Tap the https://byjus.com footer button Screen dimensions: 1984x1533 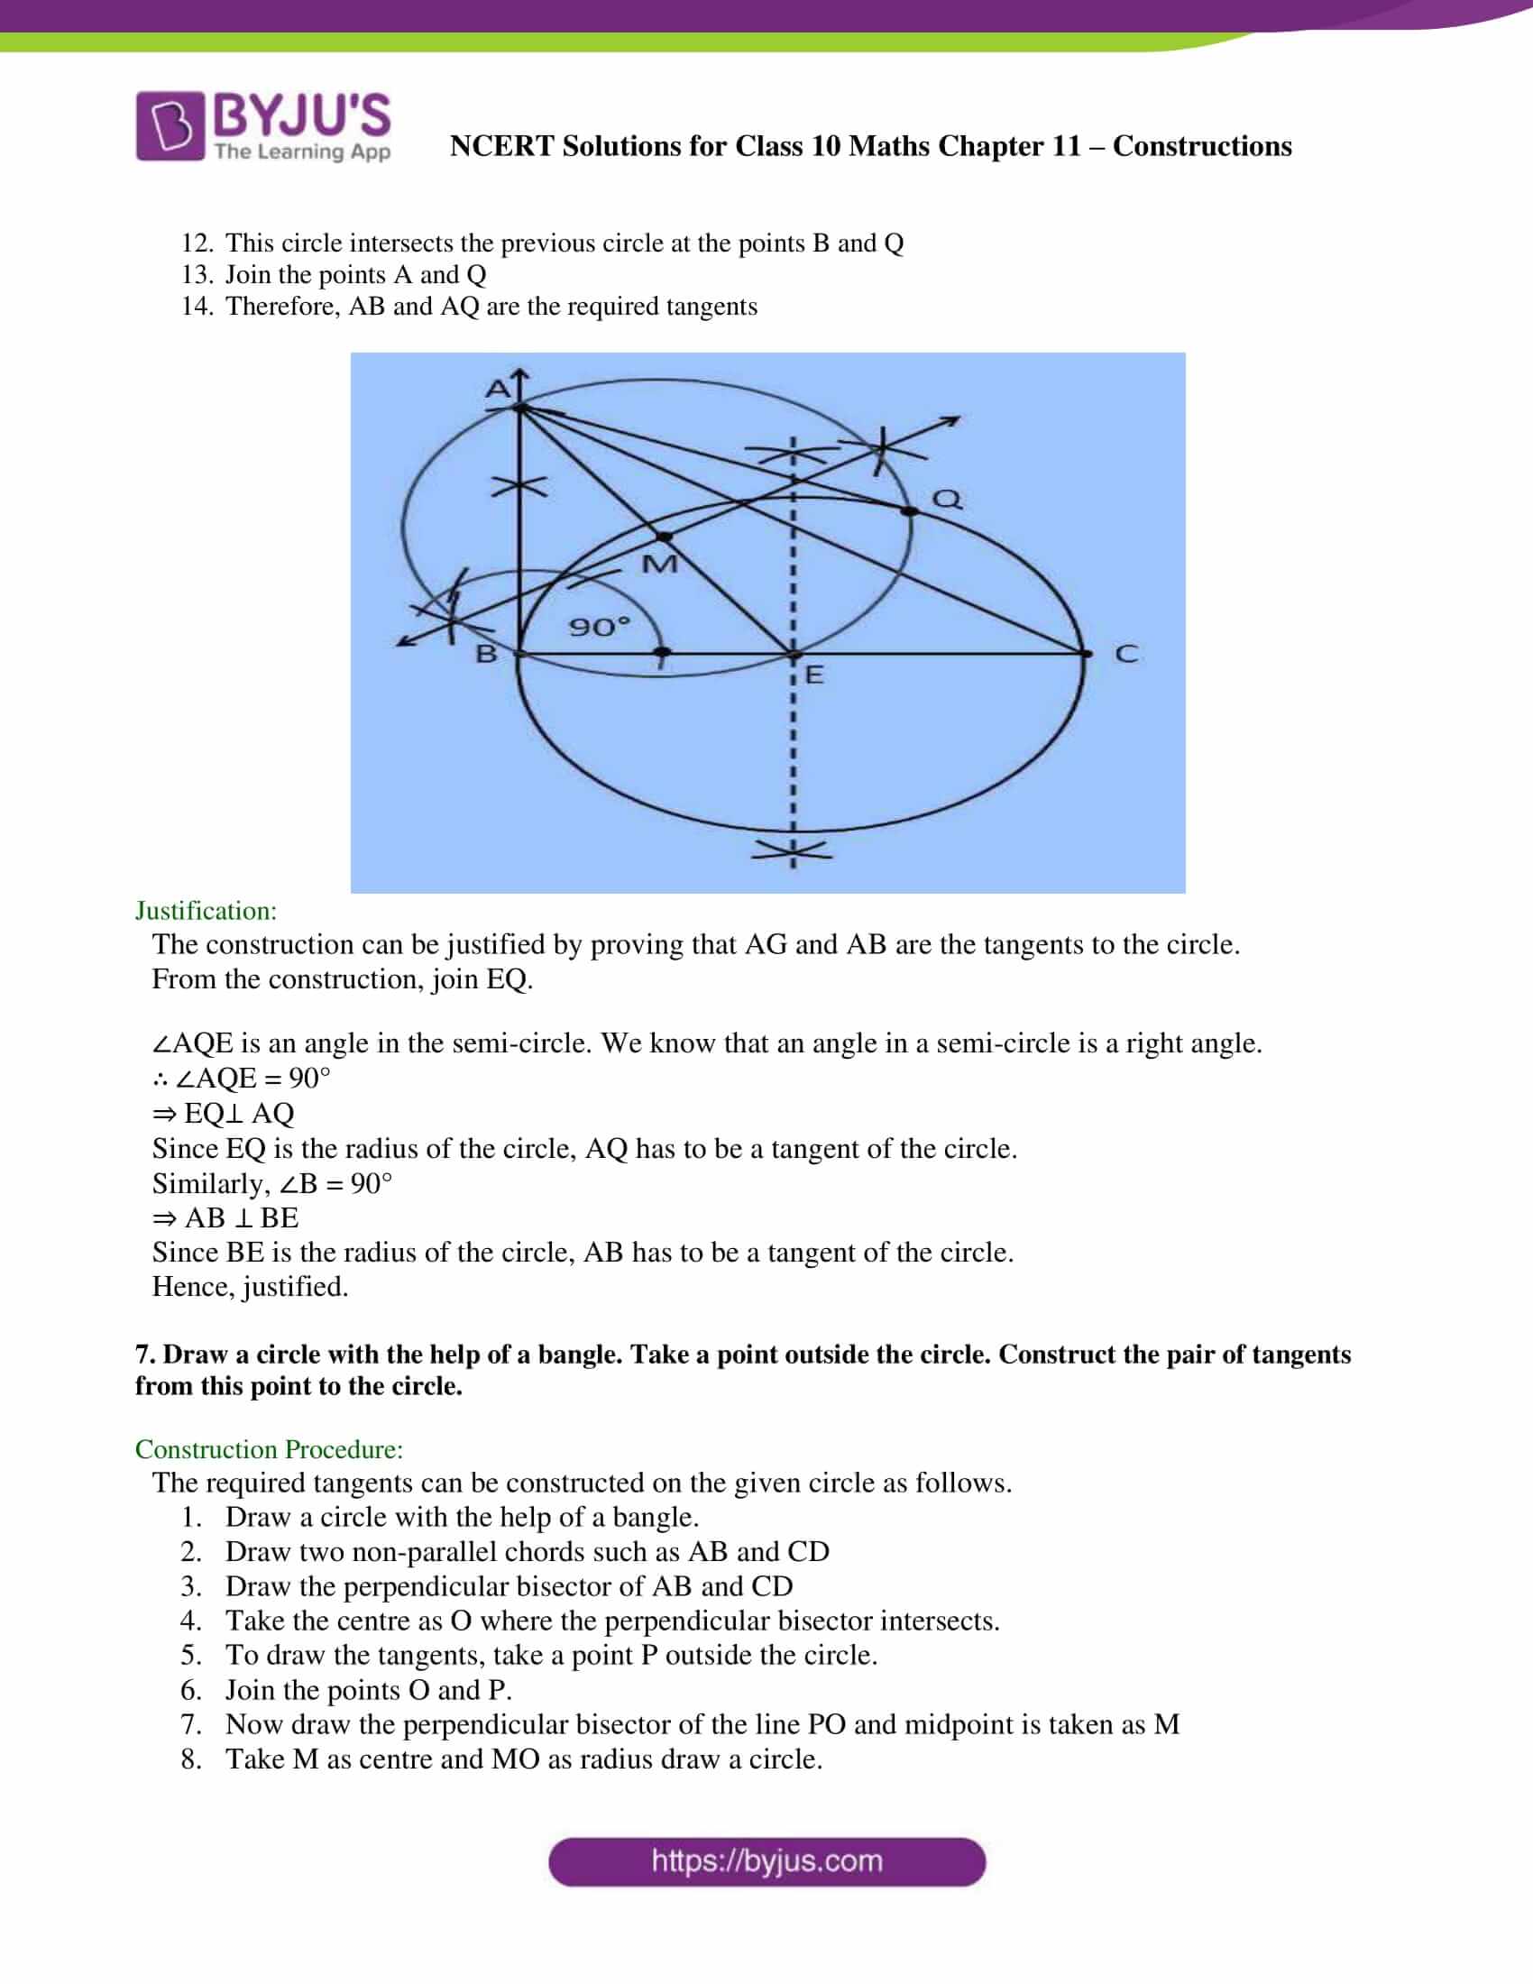point(766,1861)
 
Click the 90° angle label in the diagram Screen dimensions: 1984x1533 point(599,626)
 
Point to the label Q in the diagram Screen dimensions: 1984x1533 point(947,499)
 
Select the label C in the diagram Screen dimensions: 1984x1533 point(1126,653)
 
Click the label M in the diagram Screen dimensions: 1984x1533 point(659,565)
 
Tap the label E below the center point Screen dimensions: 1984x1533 point(813,675)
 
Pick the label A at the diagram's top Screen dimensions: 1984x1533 point(498,389)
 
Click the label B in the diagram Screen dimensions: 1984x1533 point(487,653)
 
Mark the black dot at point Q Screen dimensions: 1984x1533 point(909,511)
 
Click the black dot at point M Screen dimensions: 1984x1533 point(665,537)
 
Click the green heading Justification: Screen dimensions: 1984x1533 point(207,910)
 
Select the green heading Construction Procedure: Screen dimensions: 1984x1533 point(269,1448)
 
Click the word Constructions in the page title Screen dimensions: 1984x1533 point(1201,146)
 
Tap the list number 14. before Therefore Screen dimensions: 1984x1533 point(197,306)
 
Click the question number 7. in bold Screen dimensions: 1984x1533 point(145,1355)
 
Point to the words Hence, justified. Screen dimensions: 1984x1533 point(250,1286)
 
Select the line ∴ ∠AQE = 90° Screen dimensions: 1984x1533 point(242,1079)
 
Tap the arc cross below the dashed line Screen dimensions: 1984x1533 point(793,850)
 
